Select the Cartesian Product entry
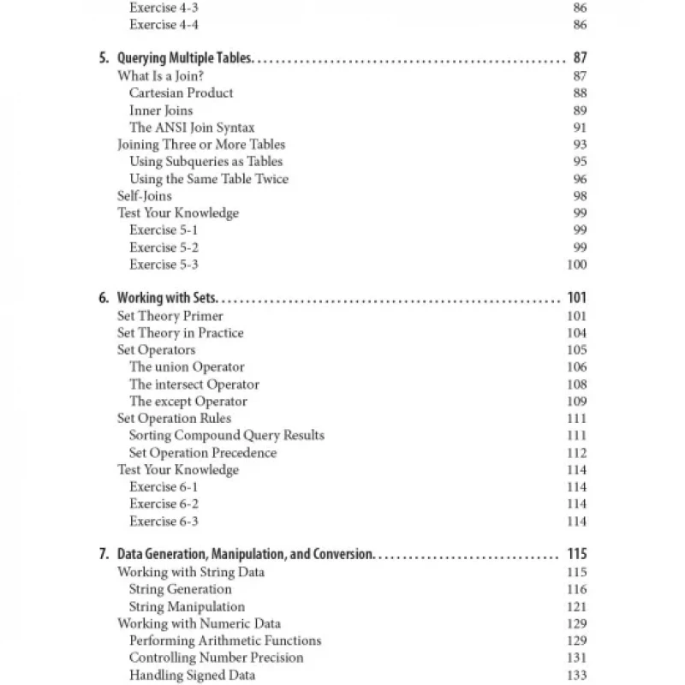181,92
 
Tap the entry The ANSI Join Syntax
192,127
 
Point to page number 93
580,144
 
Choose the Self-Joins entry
144,195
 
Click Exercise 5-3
164,264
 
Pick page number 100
576,264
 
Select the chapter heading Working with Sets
168,298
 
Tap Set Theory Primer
170,315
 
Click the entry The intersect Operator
194,384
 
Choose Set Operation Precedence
202,452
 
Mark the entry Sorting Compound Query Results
226,435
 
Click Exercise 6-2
164,503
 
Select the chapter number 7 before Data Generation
103,554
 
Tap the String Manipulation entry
187,606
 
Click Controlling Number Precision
216,658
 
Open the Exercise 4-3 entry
164,7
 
